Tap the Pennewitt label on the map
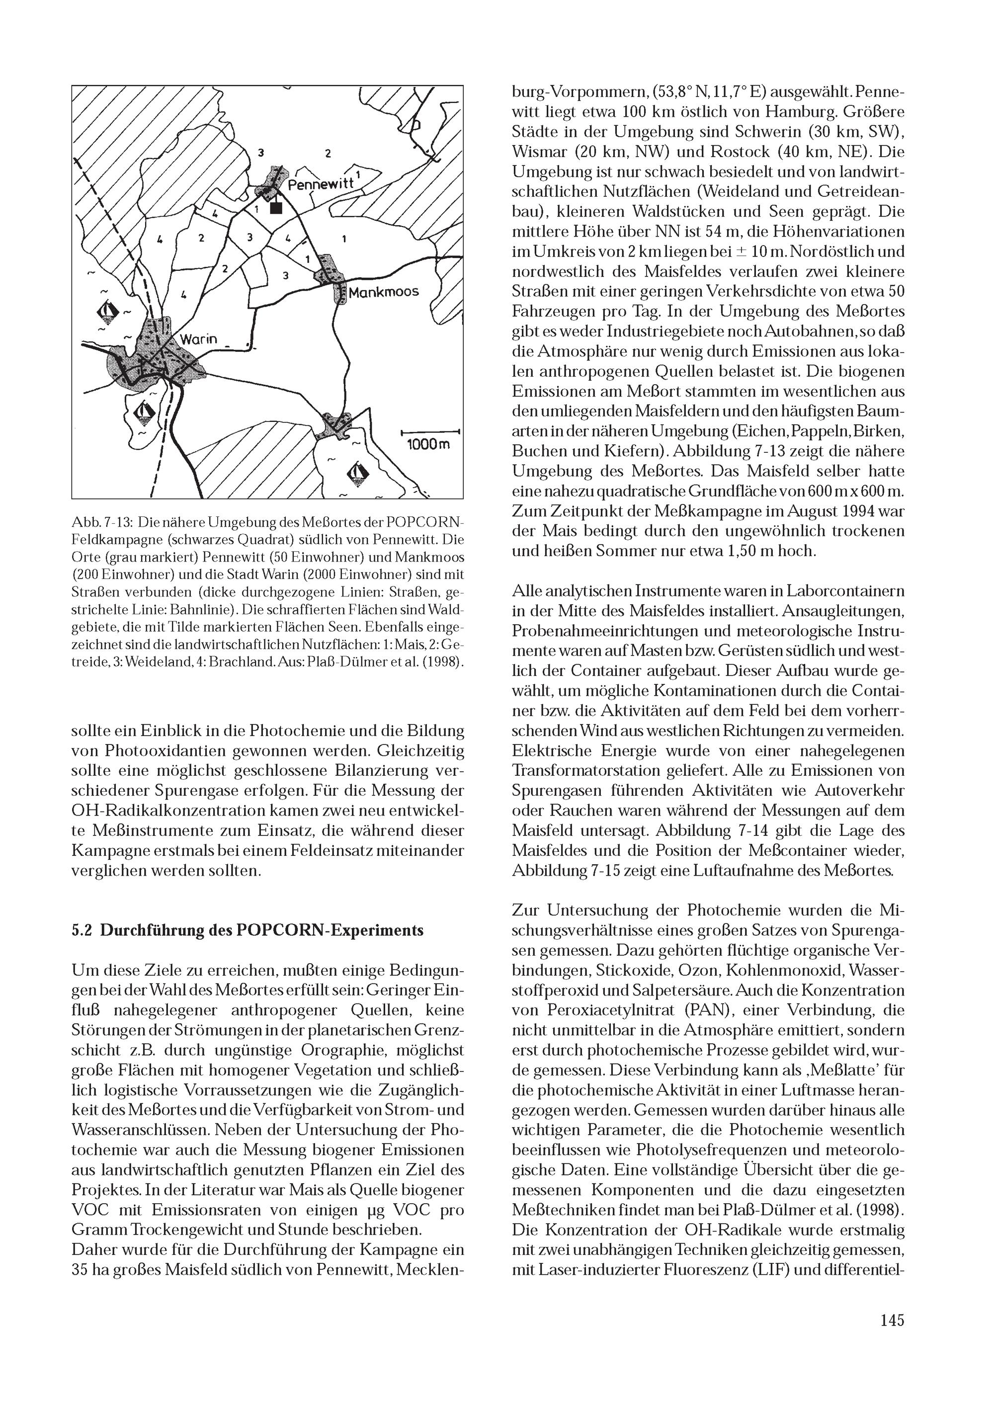point(321,182)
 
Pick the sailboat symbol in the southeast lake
point(358,472)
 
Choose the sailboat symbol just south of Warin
point(145,412)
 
